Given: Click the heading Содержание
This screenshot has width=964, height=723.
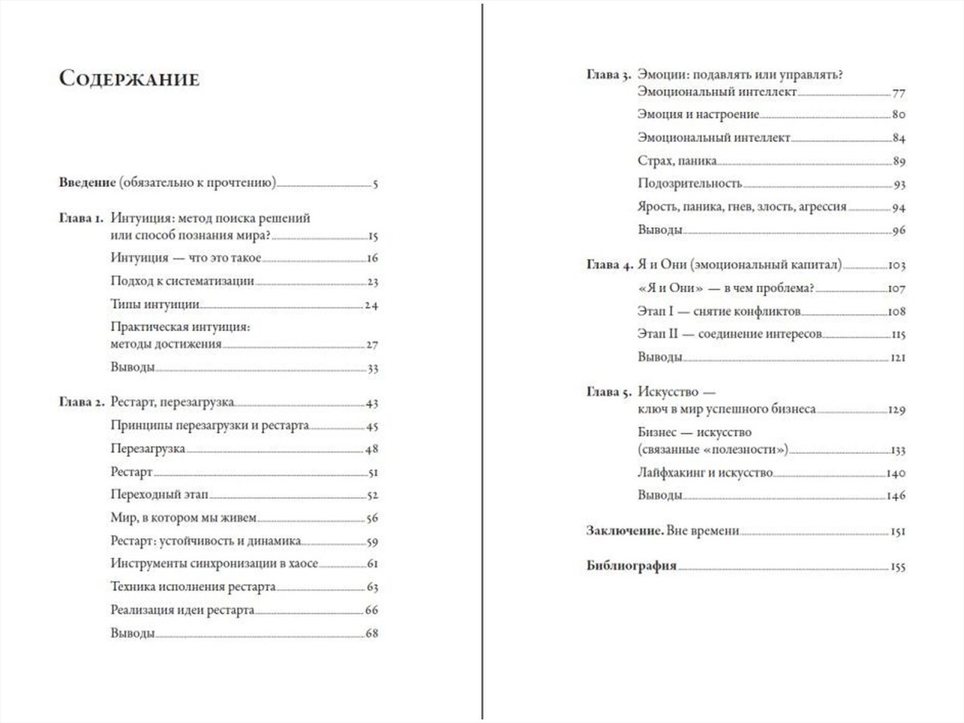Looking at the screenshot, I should (x=129, y=78).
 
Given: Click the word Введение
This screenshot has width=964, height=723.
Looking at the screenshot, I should (x=87, y=183).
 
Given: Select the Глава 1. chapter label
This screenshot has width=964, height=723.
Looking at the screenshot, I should (x=81, y=219).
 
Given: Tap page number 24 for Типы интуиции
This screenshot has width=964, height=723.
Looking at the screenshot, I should (x=371, y=305).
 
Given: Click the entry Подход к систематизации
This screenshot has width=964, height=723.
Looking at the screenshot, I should (x=183, y=281).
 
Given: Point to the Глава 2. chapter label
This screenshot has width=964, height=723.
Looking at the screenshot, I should (x=81, y=402).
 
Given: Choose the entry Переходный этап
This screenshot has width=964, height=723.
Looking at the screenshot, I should (x=159, y=494).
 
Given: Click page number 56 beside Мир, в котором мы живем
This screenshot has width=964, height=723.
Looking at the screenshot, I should (x=371, y=518).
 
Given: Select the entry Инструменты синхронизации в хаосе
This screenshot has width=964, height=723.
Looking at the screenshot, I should (x=214, y=564).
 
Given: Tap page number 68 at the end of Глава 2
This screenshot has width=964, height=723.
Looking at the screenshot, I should (x=371, y=633).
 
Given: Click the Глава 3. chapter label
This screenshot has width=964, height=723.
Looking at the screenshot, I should (x=609, y=75).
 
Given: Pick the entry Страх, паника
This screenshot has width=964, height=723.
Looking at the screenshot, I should (x=677, y=161).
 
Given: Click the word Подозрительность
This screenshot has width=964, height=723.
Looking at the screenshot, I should (x=690, y=184).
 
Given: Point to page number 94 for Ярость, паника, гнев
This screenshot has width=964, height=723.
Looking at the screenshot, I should (x=898, y=208).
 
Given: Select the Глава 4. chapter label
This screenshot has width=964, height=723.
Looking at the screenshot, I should (x=609, y=265).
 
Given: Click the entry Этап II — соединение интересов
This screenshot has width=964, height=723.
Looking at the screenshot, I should (x=729, y=334).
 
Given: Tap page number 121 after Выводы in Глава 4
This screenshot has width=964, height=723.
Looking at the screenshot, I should (x=897, y=357).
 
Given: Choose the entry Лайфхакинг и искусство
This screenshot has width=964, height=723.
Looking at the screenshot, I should (x=704, y=473).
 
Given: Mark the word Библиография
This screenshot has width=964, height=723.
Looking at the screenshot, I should (x=631, y=566).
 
